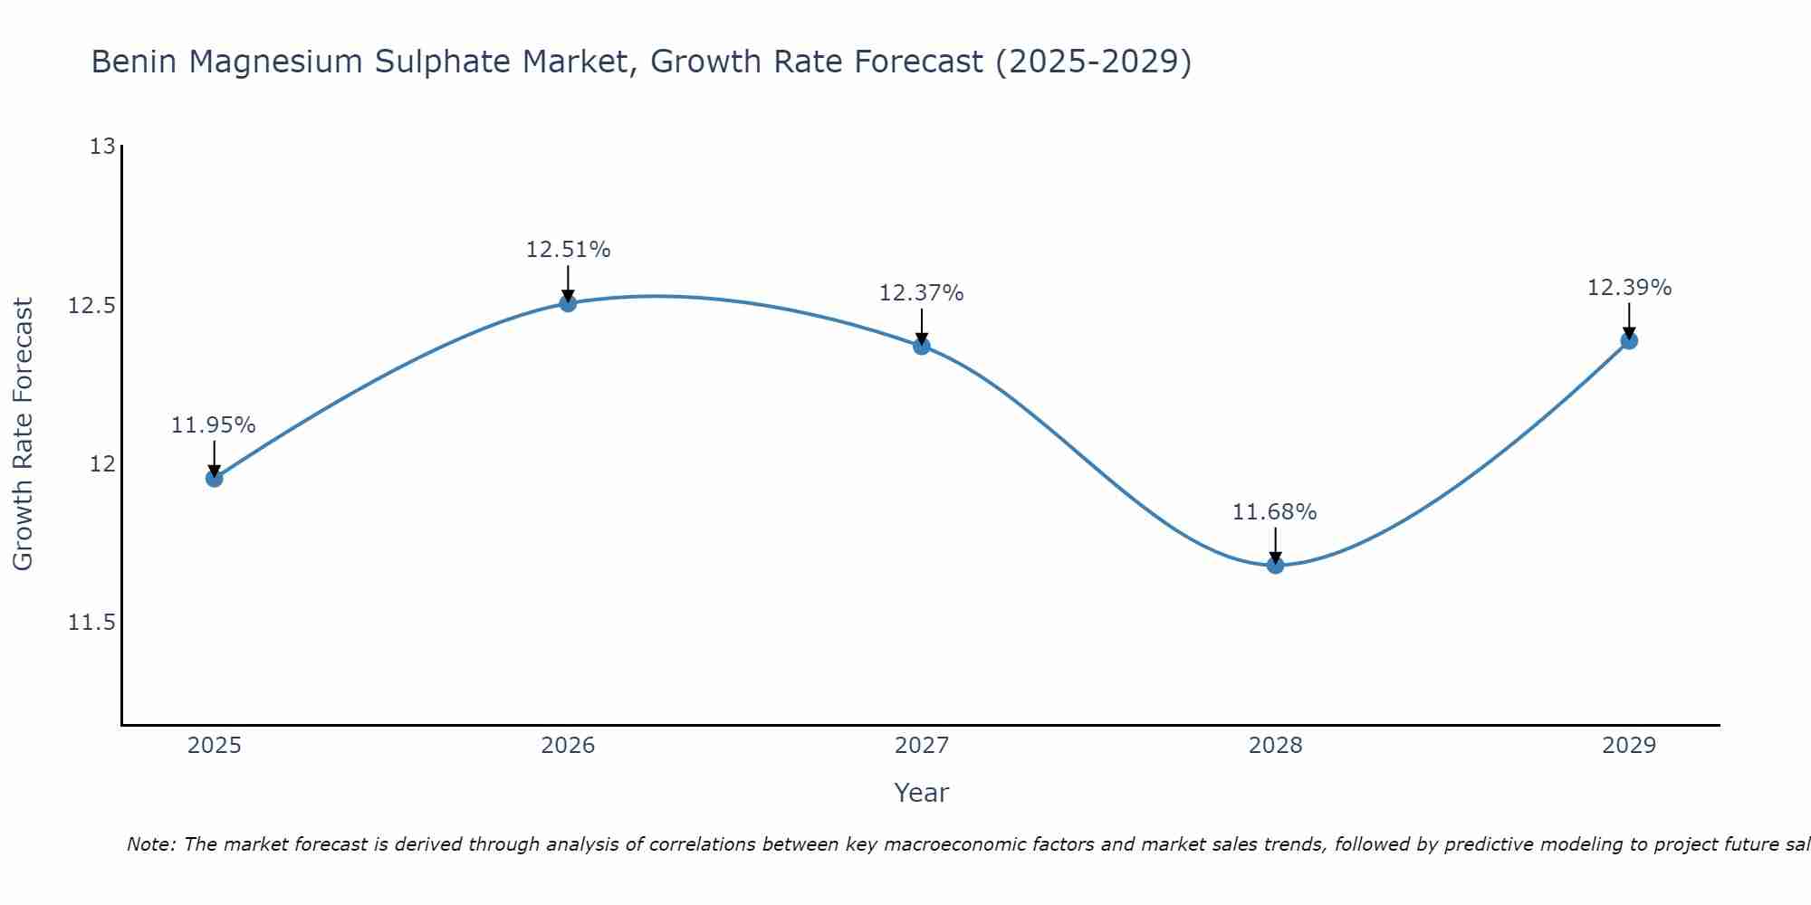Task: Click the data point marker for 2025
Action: pyautogui.click(x=214, y=478)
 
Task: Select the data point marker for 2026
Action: pyautogui.click(x=568, y=302)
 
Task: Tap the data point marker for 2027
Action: pyautogui.click(x=922, y=346)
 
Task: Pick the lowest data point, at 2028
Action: pyautogui.click(x=1275, y=565)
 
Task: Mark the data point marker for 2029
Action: pyautogui.click(x=1629, y=340)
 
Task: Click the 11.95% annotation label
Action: pyautogui.click(x=214, y=425)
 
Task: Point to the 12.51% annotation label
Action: pyautogui.click(x=568, y=250)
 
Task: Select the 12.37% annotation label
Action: pyautogui.click(x=922, y=293)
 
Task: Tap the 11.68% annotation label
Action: pyautogui.click(x=1275, y=512)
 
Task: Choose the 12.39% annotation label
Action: pyautogui.click(x=1629, y=288)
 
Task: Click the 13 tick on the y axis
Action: pyautogui.click(x=103, y=147)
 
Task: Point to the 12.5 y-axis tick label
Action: pyautogui.click(x=92, y=306)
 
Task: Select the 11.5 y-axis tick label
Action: pyautogui.click(x=92, y=624)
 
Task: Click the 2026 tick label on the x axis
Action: pyautogui.click(x=568, y=746)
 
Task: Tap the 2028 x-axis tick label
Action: pyautogui.click(x=1275, y=746)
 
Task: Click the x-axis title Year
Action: pyautogui.click(x=922, y=793)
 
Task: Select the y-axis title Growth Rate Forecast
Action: pyautogui.click(x=23, y=434)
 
